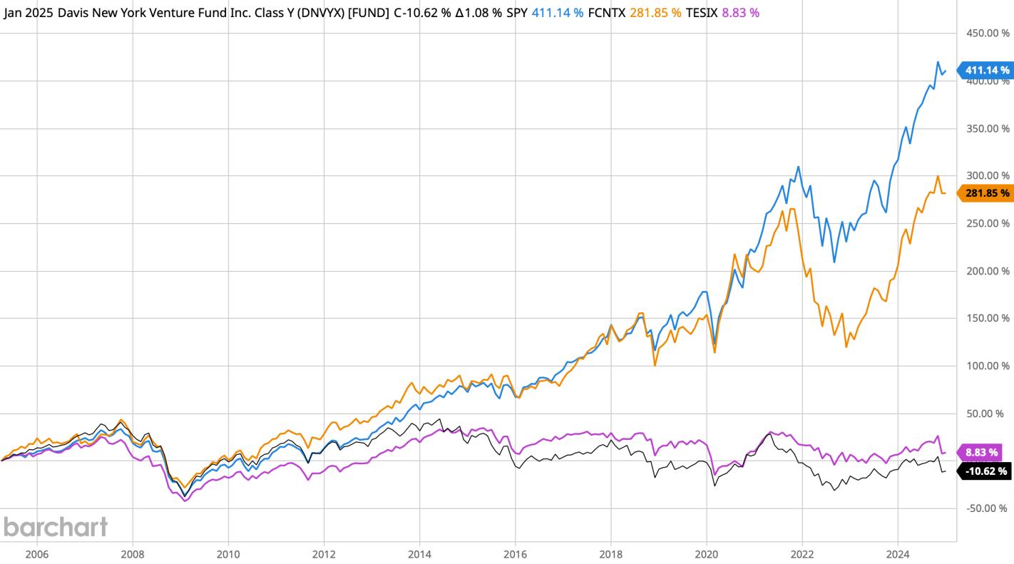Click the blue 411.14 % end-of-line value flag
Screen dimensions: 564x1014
pos(986,70)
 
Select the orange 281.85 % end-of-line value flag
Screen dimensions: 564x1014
pos(986,193)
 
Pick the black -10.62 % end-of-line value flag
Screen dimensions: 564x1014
pos(985,471)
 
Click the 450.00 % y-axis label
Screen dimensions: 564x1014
pos(988,34)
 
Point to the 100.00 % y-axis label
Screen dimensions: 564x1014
pos(988,366)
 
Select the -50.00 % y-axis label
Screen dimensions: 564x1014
pos(988,508)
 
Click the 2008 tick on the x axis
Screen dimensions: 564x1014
pos(132,553)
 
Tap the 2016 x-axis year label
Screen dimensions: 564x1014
pos(515,553)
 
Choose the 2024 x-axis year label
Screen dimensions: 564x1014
pos(898,553)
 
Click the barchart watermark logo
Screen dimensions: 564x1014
pos(56,527)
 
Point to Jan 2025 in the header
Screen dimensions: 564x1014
pos(28,12)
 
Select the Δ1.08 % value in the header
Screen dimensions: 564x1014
pos(478,12)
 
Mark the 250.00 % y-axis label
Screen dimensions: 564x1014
pos(988,223)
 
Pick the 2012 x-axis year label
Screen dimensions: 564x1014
pos(324,553)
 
